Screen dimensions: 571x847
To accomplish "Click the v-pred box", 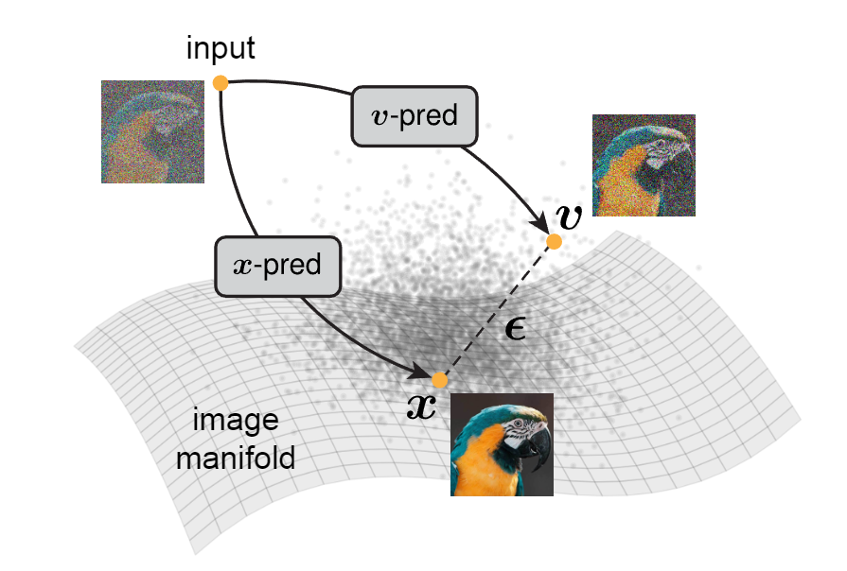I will [x=415, y=116].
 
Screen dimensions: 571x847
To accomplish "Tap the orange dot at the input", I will [x=221, y=83].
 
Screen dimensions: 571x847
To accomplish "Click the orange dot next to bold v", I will [x=554, y=242].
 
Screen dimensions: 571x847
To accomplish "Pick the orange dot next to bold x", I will [x=439, y=380].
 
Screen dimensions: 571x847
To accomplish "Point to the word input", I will [x=220, y=48].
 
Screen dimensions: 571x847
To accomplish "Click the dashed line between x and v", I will [x=496, y=311].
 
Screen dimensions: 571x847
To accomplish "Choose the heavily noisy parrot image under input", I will [x=152, y=130].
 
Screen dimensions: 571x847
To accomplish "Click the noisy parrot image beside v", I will [x=644, y=164].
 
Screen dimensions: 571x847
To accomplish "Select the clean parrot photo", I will [x=502, y=444].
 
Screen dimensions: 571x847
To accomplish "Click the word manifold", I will [x=242, y=459].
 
